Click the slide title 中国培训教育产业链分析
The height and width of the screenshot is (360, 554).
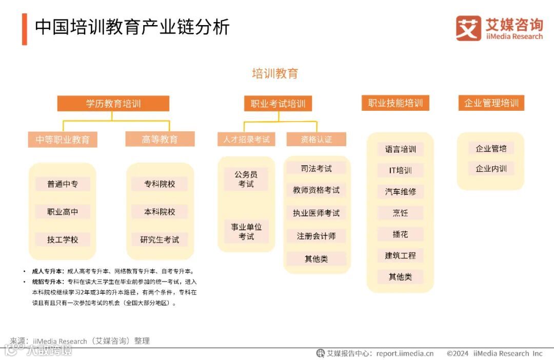(x=132, y=27)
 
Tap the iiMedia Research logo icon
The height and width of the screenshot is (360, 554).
(x=468, y=28)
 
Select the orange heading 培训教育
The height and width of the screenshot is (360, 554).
(x=275, y=73)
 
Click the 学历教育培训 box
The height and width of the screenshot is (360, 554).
(x=113, y=104)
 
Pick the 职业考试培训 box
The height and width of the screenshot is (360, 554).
(x=278, y=104)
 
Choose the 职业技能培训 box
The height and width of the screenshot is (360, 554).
(x=395, y=103)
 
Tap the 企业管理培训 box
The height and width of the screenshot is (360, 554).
(x=491, y=103)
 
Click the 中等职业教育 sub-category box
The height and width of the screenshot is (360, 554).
(x=63, y=139)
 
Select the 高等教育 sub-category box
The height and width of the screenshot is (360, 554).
(x=160, y=139)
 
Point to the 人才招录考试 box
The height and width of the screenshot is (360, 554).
(x=246, y=139)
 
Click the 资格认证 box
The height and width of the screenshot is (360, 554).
(x=316, y=139)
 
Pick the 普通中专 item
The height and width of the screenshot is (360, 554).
(x=63, y=184)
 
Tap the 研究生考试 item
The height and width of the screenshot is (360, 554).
(x=160, y=239)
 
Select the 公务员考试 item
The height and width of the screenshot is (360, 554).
(x=246, y=179)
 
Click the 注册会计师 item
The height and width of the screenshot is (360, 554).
(x=316, y=236)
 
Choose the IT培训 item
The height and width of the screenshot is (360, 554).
(x=401, y=170)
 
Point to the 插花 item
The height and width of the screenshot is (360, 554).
(x=401, y=234)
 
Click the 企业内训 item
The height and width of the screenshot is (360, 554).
(x=491, y=168)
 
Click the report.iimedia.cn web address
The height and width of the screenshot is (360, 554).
(x=405, y=353)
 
